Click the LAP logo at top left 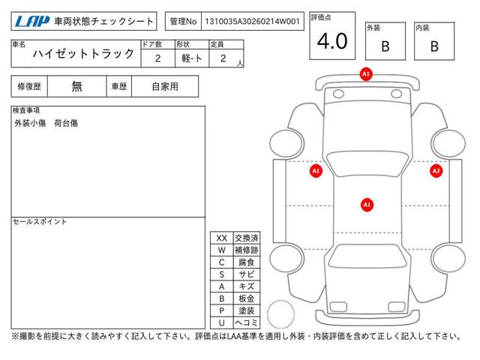[28, 22]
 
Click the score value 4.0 [332, 42]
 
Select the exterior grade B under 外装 [385, 46]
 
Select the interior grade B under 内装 [434, 46]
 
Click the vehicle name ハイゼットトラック [84, 54]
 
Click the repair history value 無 [77, 86]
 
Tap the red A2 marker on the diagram [436, 171]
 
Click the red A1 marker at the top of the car [366, 74]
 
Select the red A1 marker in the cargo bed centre [367, 204]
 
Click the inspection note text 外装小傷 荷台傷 [46, 122]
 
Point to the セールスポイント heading [40, 222]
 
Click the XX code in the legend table [221, 238]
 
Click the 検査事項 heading [27, 110]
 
